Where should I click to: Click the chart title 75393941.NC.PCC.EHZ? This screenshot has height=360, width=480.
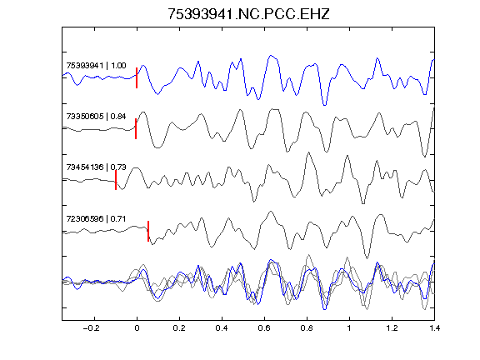(248, 14)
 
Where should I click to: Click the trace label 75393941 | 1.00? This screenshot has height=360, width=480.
(96, 66)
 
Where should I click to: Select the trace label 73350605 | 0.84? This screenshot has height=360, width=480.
(96, 117)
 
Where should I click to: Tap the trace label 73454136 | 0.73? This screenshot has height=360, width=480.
(96, 167)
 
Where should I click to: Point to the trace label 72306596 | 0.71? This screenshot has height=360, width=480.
(96, 218)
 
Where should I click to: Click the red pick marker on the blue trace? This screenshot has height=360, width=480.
(137, 77)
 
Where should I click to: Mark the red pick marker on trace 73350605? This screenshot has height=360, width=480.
(136, 128)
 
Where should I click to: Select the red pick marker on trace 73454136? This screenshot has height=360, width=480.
(116, 180)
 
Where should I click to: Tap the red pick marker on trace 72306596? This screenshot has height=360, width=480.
(148, 231)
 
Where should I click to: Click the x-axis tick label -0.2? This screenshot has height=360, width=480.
(91, 328)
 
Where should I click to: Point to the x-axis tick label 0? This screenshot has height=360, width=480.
(137, 328)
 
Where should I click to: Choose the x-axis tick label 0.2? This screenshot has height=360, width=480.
(179, 328)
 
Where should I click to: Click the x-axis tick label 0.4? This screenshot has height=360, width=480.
(222, 328)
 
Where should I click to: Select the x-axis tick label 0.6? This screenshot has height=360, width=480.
(264, 328)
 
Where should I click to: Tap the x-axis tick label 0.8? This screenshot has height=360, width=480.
(307, 328)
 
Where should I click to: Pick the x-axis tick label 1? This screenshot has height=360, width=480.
(349, 328)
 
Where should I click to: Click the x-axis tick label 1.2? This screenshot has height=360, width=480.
(392, 328)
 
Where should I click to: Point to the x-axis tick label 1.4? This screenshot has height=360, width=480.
(434, 328)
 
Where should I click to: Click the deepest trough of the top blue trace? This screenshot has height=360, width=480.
(324, 105)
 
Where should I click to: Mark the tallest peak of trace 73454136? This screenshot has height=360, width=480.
(308, 152)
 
